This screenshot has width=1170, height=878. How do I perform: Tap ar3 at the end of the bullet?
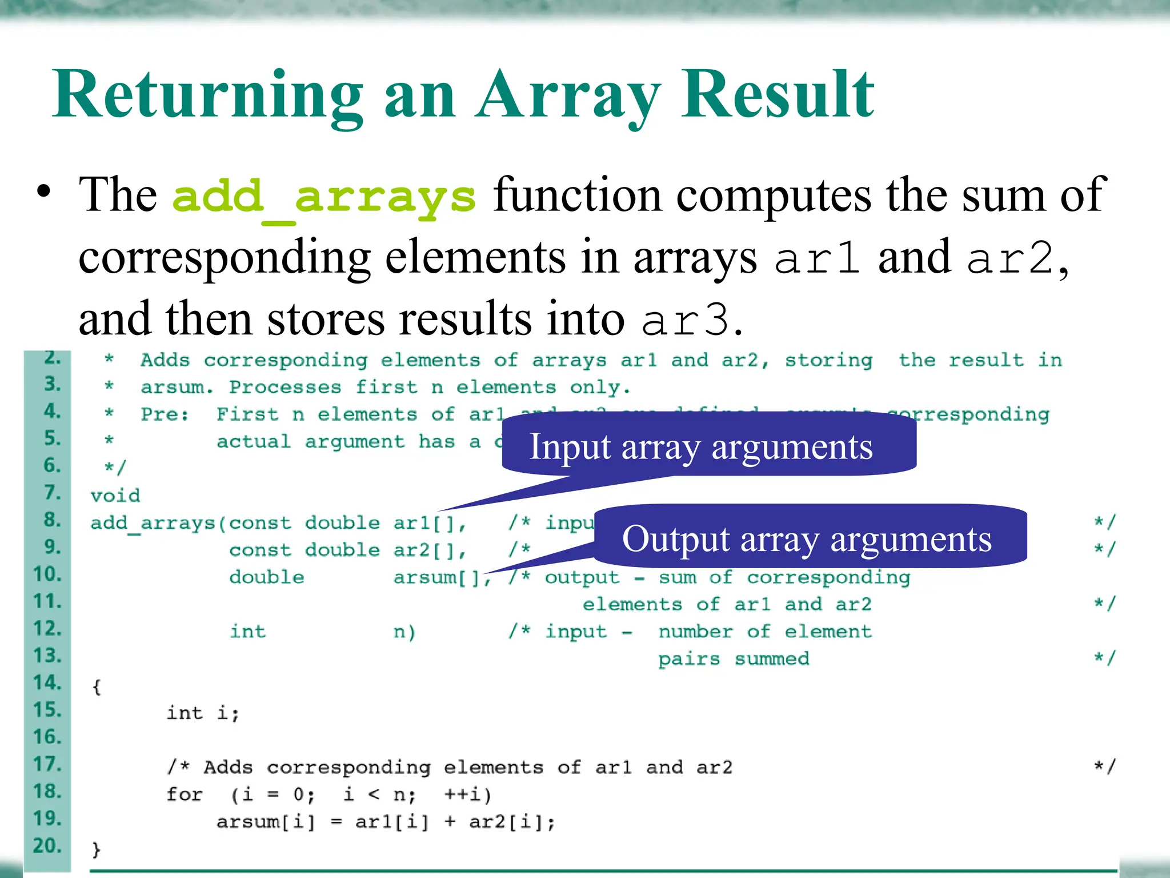[x=685, y=320]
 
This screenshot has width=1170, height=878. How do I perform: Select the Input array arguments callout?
[x=701, y=446]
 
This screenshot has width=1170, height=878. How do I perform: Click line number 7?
[x=53, y=492]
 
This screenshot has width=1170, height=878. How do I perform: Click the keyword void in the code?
[x=115, y=495]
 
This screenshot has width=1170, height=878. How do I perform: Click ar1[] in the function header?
[x=428, y=523]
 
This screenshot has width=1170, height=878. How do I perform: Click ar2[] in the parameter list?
[x=428, y=550]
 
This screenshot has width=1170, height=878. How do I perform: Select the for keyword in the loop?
[x=185, y=795]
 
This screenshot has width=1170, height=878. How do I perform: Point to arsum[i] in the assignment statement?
[x=266, y=822]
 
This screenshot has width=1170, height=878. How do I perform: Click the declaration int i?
[x=203, y=713]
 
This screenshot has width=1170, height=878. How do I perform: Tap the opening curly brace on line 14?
[x=97, y=687]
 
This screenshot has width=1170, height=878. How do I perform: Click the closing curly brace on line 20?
[x=97, y=849]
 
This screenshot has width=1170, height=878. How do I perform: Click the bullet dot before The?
[x=43, y=191]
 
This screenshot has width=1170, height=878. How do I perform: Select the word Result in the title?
[x=777, y=95]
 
